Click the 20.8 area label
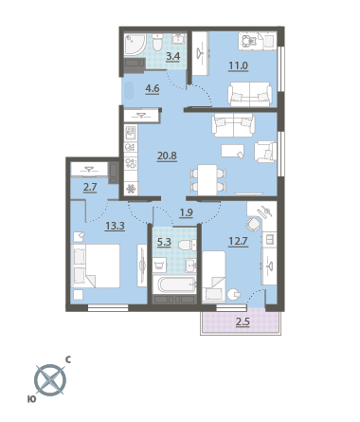[x=167, y=156]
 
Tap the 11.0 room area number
[x=238, y=66]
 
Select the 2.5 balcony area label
[x=243, y=322]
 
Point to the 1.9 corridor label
[x=186, y=212]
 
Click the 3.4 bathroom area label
[x=173, y=56]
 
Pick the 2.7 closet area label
[x=90, y=188]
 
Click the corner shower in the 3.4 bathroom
[x=135, y=45]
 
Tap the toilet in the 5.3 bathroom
[x=188, y=245]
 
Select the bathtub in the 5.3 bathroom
[x=174, y=284]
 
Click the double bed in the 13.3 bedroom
[x=96, y=266]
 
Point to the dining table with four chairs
[x=207, y=179]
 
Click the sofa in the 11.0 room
[x=249, y=94]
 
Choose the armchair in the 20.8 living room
[x=265, y=152]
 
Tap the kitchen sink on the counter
[x=131, y=133]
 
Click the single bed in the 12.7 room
[x=214, y=277]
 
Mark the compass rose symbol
[x=50, y=380]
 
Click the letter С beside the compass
[x=68, y=359]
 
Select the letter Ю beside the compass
[x=31, y=399]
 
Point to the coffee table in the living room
[x=233, y=151]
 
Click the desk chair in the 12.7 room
[x=253, y=225]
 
